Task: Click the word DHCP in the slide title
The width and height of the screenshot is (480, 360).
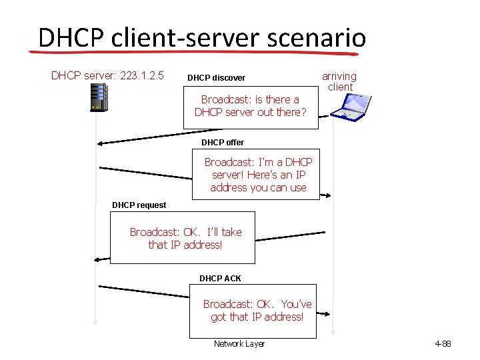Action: [69, 37]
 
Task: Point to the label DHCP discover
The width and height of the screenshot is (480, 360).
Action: [216, 78]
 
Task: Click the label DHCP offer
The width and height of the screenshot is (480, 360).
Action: [223, 142]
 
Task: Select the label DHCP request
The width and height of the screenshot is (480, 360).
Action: [139, 205]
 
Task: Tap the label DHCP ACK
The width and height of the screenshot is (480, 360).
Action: [220, 278]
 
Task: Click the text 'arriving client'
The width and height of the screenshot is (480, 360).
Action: [339, 81]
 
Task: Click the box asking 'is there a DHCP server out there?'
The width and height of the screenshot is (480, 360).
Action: [251, 106]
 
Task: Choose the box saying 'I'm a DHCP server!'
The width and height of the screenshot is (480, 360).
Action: [258, 175]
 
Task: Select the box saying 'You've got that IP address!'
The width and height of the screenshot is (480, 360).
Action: [257, 310]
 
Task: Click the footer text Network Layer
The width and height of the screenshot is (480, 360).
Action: [239, 344]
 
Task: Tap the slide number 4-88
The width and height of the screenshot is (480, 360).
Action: [443, 344]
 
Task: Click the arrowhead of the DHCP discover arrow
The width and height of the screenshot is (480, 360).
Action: [100, 143]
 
